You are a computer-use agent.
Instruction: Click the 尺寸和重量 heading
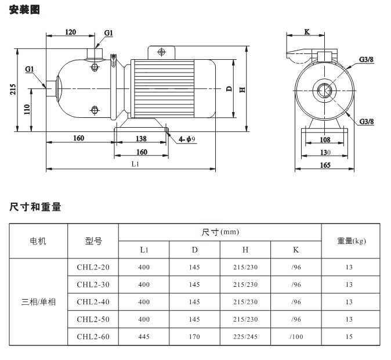[35, 206]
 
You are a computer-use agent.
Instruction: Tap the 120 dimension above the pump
[70, 32]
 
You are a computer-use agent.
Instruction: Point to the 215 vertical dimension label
[13, 89]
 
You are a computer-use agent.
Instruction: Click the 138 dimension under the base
[140, 138]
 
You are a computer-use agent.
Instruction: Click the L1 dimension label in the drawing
[135, 164]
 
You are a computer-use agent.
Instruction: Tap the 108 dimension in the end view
[325, 139]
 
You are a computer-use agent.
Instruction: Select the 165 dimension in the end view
[325, 165]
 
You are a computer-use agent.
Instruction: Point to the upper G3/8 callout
[365, 59]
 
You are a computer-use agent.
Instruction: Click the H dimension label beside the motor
[242, 89]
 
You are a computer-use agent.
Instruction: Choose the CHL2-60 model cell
[93, 337]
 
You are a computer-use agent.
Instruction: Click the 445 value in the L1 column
[144, 337]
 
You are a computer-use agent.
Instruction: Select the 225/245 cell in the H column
[245, 337]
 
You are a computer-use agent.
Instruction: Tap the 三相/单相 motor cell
[38, 302]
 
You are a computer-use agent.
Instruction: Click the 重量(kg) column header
[352, 241]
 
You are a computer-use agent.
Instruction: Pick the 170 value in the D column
[194, 337]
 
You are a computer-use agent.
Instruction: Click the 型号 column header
[93, 241]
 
